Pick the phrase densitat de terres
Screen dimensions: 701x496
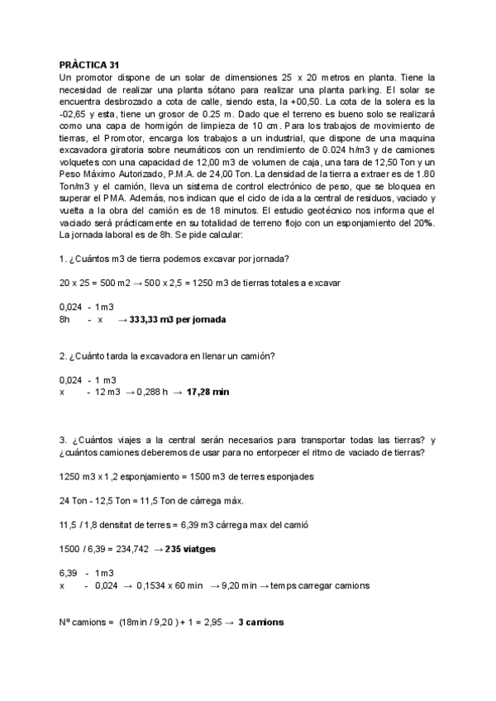click(137, 524)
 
